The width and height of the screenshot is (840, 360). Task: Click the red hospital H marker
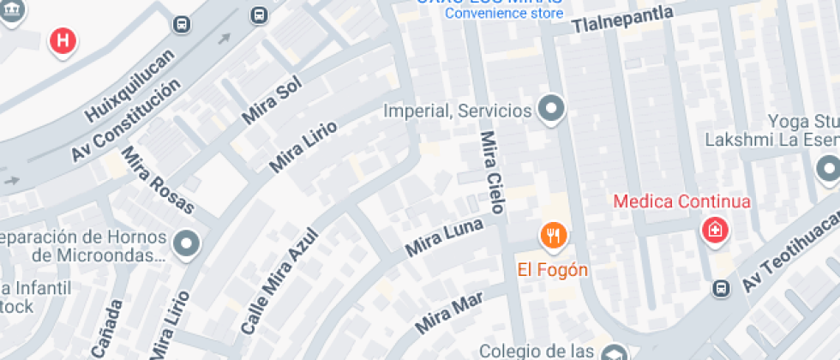(63, 39)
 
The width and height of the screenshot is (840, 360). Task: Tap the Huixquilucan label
(129, 86)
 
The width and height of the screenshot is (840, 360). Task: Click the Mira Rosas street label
(159, 181)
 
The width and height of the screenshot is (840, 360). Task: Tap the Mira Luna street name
(444, 237)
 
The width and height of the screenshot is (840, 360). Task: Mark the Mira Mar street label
(449, 312)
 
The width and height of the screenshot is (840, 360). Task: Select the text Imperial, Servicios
(458, 111)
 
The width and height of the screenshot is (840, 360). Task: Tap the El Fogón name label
(553, 270)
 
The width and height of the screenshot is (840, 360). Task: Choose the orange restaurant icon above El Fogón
(553, 235)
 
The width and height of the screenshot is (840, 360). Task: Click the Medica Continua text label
(682, 202)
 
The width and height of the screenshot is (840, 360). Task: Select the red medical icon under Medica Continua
(713, 231)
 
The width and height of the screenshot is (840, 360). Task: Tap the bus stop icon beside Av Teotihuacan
(723, 289)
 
